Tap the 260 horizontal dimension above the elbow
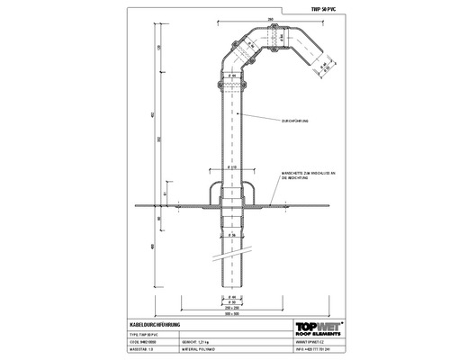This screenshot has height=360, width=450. (271, 17)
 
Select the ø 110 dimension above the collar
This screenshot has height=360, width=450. (231, 168)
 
